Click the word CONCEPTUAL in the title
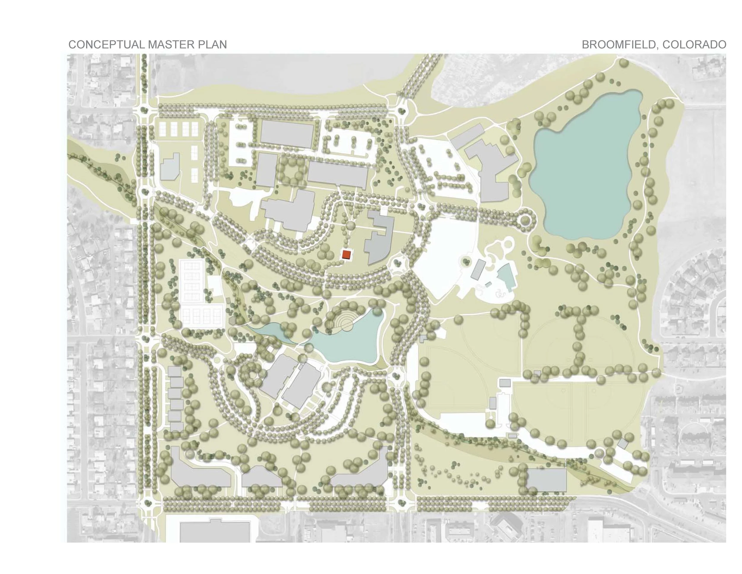pyautogui.click(x=106, y=45)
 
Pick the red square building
pyautogui.click(x=346, y=254)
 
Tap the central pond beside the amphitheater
pyautogui.click(x=350, y=343)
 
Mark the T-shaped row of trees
pyautogui.click(x=578, y=333)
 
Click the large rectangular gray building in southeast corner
pyautogui.click(x=546, y=480)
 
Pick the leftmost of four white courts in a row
pyautogui.click(x=164, y=129)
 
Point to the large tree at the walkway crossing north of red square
pyautogui.click(x=350, y=225)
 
